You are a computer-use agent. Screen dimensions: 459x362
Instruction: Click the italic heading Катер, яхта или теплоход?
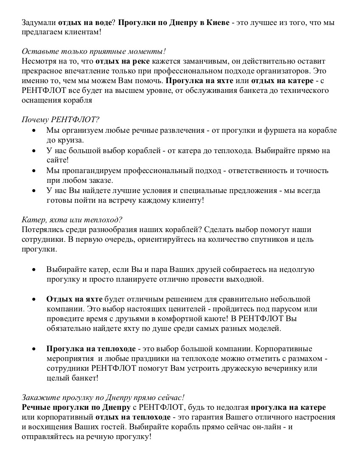coord(72,220)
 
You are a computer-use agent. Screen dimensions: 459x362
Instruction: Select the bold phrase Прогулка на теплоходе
coord(91,349)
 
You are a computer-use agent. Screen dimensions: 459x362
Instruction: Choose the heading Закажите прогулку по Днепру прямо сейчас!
coord(103,397)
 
